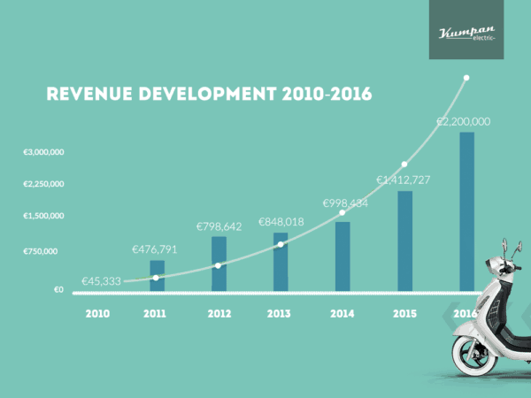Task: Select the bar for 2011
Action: pos(157,275)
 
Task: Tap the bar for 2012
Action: pos(219,263)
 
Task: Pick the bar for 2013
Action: pos(281,261)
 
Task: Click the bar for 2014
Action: pos(342,256)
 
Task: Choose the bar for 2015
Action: pos(404,241)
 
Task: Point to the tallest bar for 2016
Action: pos(466,212)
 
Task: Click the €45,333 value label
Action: pos(101,281)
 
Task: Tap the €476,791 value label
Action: pos(155,249)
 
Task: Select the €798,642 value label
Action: pos(218,226)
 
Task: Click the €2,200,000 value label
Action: pos(464,121)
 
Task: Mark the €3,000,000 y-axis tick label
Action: pos(43,152)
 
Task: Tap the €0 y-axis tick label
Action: pos(58,289)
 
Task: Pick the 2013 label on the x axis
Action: pos(280,314)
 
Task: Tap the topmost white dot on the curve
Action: pos(466,78)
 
